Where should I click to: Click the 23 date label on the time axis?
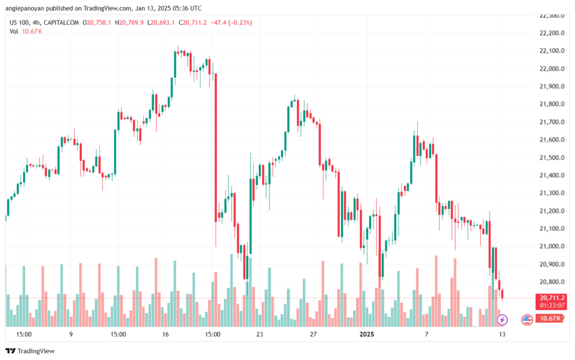259,334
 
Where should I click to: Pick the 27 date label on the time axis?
313,334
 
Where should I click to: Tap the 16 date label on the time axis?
166,334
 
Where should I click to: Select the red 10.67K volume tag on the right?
551,318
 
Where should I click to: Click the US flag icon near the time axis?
527,320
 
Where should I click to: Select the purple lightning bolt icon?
502,320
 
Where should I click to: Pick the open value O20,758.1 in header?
98,22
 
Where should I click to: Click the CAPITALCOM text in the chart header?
62,22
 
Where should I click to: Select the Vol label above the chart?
15,31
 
